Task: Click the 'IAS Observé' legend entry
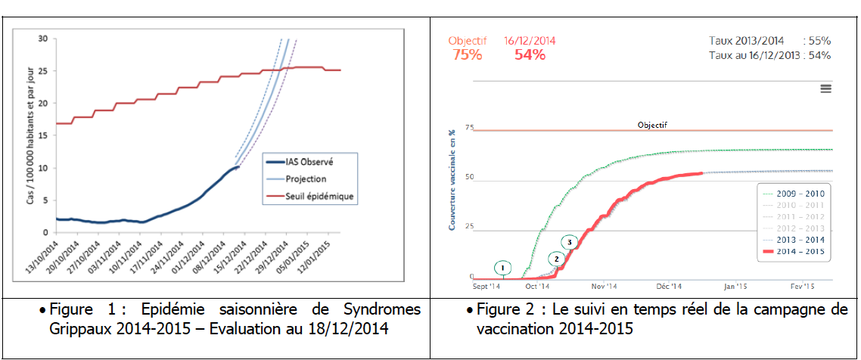tap(311, 162)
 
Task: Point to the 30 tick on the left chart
tap(43, 39)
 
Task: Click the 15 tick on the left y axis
tap(43, 135)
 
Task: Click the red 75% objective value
tap(467, 55)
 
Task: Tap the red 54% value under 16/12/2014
tap(530, 55)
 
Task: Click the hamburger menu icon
tap(825, 88)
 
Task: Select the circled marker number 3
tap(570, 242)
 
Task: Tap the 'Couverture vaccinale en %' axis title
tap(452, 182)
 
